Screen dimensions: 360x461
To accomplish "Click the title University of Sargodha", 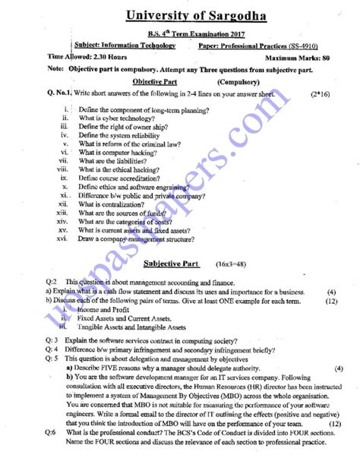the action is point(180,14).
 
